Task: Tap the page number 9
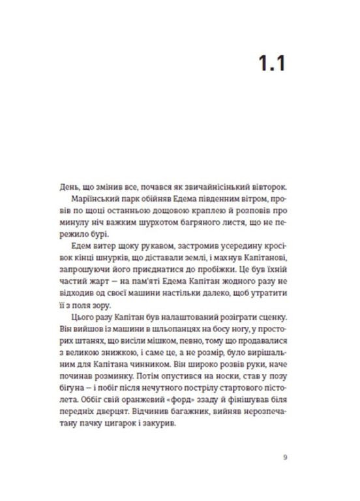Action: (285, 457)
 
